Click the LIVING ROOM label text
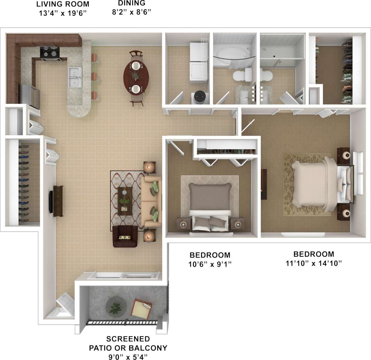[x=63, y=4]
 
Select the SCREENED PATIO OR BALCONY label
[x=128, y=343]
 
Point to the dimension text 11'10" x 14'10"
[x=314, y=263]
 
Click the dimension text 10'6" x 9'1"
[x=210, y=264]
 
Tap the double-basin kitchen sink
[x=74, y=77]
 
